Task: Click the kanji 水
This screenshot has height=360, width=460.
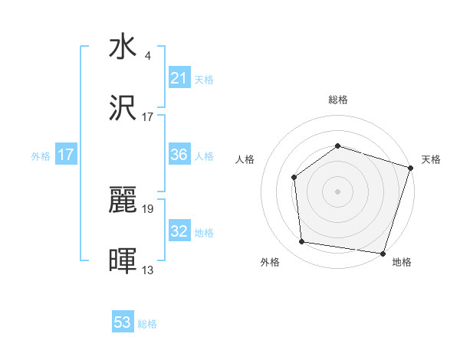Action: (x=123, y=47)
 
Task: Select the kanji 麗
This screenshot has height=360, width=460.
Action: (x=123, y=201)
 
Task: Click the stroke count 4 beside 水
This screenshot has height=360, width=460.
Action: (x=147, y=55)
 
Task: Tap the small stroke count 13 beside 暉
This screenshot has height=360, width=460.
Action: (x=148, y=270)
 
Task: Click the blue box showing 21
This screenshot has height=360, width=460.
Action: (x=179, y=78)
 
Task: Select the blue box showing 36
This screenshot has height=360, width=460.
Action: (x=179, y=155)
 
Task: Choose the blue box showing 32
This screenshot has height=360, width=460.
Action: (x=179, y=231)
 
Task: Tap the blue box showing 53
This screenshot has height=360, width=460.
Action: (x=123, y=323)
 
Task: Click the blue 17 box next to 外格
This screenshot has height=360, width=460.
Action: (x=66, y=155)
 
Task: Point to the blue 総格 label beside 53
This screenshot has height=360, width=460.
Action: (x=147, y=324)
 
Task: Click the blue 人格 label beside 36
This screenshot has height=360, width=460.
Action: (x=204, y=155)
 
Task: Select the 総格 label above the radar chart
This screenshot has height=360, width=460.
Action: (x=337, y=100)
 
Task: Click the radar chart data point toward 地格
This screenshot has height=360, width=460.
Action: (x=383, y=253)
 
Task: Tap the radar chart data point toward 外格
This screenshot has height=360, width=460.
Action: (x=302, y=241)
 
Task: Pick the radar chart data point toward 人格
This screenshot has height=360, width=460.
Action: (x=294, y=178)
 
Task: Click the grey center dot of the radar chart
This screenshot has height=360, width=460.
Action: (x=337, y=191)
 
